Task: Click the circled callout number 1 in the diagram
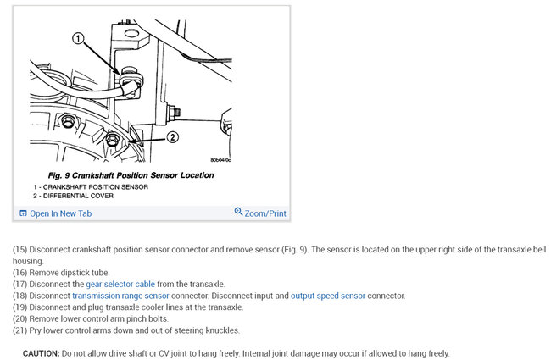tap(77, 38)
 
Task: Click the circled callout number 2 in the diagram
tap(172, 136)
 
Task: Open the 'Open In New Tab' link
tap(60, 213)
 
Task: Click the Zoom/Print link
tap(265, 213)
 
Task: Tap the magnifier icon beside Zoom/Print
tap(238, 213)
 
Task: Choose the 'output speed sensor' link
tap(328, 296)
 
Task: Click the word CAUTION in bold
tap(42, 353)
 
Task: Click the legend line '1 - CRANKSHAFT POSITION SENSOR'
tap(92, 186)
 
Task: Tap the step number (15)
tap(19, 250)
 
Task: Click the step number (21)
tap(19, 330)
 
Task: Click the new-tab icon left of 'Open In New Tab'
tap(23, 213)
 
